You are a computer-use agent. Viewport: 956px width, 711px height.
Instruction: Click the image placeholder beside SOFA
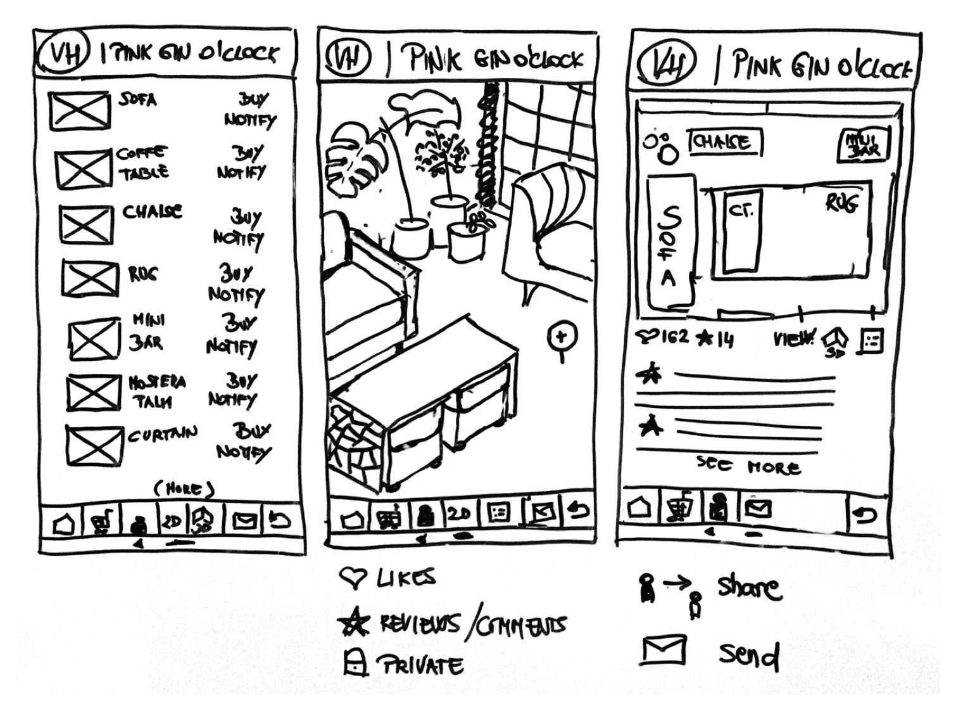click(79, 110)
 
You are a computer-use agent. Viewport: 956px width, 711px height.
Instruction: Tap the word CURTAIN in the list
click(163, 435)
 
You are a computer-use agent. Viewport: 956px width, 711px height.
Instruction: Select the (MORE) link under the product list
click(184, 489)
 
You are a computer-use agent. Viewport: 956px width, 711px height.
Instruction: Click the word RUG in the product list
click(143, 274)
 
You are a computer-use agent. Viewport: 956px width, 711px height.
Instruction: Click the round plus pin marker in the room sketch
click(562, 336)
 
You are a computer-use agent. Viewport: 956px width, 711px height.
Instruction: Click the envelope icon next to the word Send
click(664, 650)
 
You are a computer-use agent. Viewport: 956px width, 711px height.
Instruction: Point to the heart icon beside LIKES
click(353, 578)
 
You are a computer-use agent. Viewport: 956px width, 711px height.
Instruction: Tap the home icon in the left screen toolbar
click(64, 524)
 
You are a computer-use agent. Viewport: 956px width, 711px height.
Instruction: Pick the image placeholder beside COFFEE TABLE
click(83, 169)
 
